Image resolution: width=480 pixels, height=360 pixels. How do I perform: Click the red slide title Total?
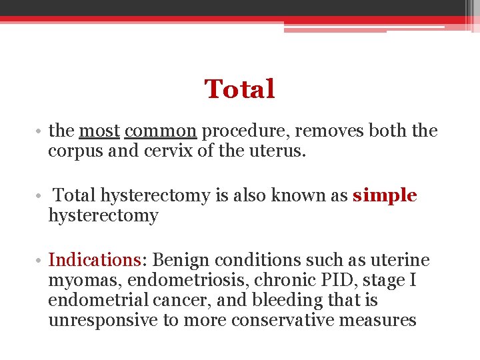point(239,89)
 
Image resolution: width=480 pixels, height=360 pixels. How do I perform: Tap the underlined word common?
point(160,131)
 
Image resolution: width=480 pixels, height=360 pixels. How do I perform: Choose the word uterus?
point(278,151)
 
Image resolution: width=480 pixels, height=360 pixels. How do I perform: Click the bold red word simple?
point(385,196)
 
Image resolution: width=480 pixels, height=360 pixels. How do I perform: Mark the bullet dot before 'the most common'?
point(41,132)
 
